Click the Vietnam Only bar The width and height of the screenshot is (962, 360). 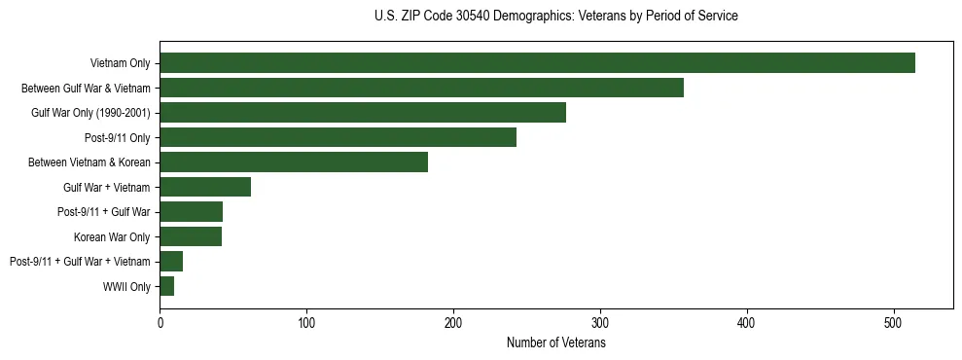(x=537, y=63)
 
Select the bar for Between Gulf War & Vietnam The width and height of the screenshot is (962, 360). (x=421, y=88)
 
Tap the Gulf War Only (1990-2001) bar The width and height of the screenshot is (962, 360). (x=363, y=113)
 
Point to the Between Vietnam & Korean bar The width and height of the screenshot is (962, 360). (x=294, y=162)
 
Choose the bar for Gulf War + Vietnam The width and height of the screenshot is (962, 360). (x=205, y=187)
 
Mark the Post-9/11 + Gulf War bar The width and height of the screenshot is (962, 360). (x=191, y=212)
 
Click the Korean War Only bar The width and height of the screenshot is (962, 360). (x=191, y=236)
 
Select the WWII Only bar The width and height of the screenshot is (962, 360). (x=167, y=286)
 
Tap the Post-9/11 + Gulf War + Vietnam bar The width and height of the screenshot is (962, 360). (x=171, y=262)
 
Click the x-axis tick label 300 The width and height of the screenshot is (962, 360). (x=600, y=324)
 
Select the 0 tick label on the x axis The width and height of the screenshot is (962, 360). (x=160, y=324)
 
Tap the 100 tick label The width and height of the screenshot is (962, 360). (x=306, y=324)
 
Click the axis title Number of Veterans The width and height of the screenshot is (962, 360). (x=556, y=343)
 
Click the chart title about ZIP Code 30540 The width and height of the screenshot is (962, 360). (x=556, y=17)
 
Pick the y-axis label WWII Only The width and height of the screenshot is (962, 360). (x=126, y=286)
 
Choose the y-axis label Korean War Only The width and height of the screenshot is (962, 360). (x=112, y=236)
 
